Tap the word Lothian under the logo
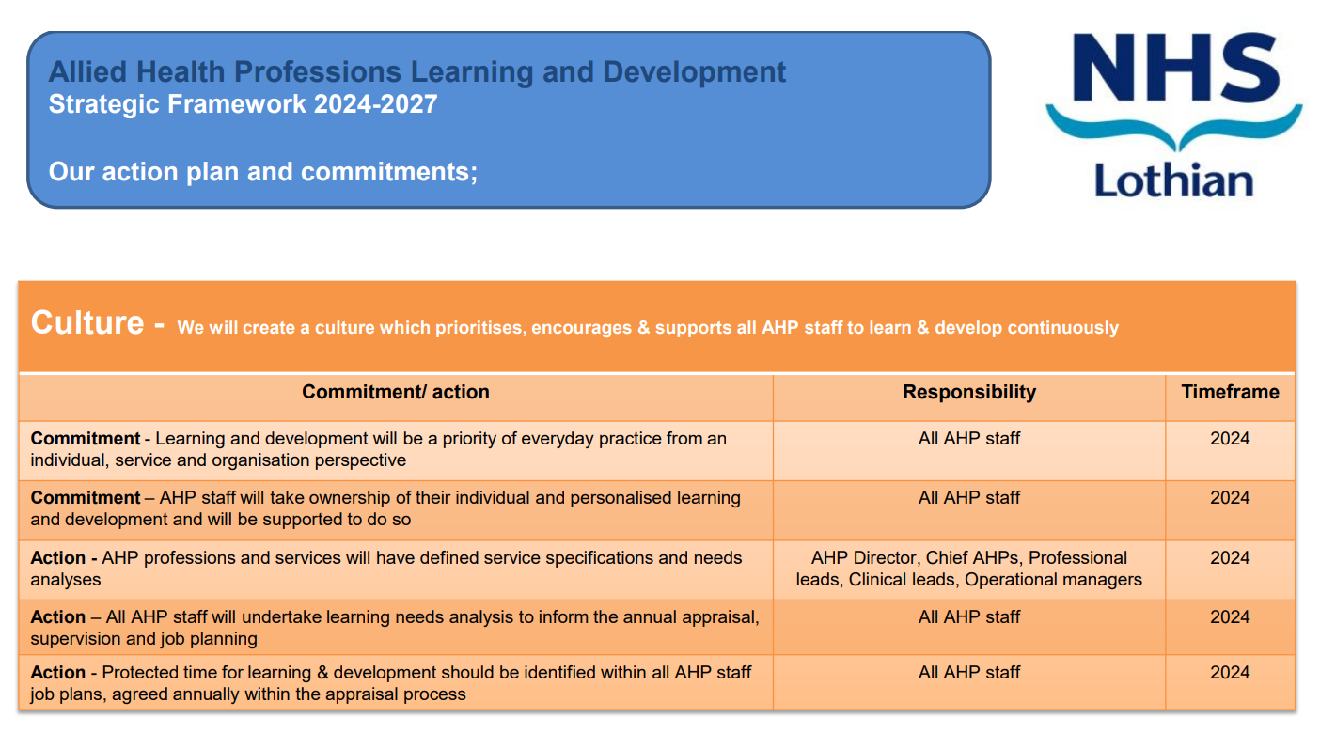coord(1174,180)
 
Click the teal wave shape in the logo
coord(1174,125)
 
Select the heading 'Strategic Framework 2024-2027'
coord(243,104)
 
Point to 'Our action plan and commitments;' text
coord(263,172)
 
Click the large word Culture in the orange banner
coord(87,322)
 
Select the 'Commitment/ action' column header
coord(396,392)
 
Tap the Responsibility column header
coord(969,392)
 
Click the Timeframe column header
coord(1230,392)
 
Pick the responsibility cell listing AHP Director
coord(968,569)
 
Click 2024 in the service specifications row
coord(1230,558)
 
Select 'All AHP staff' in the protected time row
coord(968,672)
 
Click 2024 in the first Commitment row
coord(1230,439)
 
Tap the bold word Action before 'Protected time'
coord(57,672)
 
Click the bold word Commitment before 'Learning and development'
coord(86,439)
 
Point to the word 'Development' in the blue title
coord(694,72)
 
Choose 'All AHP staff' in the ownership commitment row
coord(968,498)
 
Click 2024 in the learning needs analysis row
coord(1230,616)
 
